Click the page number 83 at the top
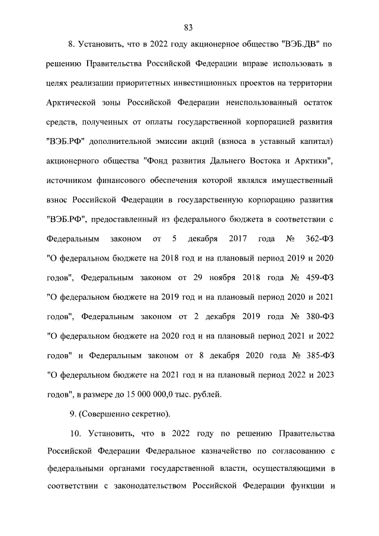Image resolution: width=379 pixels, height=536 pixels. [x=189, y=27]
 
